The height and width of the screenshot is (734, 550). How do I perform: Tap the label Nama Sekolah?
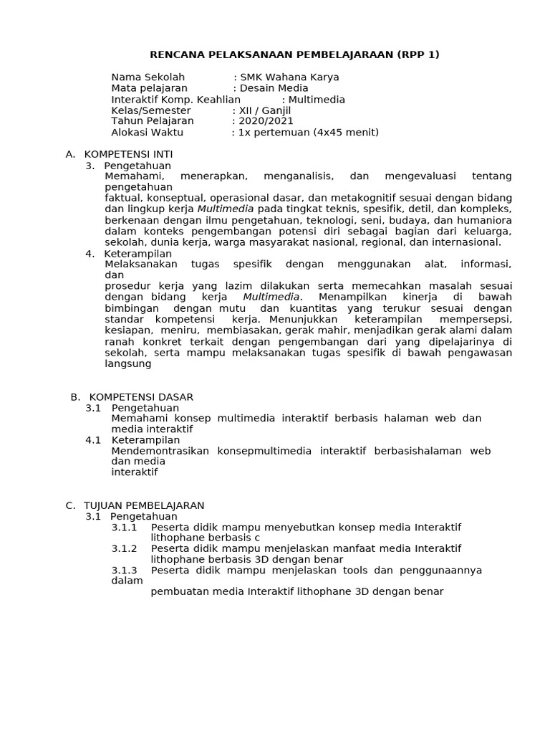(148, 77)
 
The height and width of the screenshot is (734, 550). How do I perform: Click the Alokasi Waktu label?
(148, 133)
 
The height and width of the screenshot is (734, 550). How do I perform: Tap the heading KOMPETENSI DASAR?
(140, 397)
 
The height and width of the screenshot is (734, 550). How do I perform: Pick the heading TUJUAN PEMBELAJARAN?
(144, 505)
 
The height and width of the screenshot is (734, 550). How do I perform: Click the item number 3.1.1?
(124, 528)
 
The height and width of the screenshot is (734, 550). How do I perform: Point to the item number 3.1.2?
(124, 549)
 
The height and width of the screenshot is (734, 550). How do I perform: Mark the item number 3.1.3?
(124, 571)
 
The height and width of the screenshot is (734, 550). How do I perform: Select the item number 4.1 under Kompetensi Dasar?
(94, 440)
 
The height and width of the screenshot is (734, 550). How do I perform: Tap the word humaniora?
(483, 220)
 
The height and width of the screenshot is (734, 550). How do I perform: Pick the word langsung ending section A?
(128, 363)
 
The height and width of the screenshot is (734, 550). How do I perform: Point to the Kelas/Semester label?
(151, 110)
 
